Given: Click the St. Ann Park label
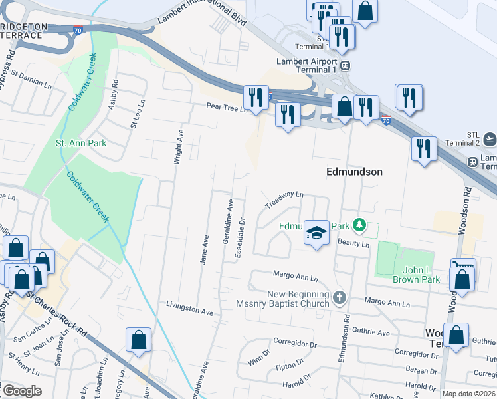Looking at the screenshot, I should tap(81, 143).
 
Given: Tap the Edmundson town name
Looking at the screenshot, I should tap(354, 172).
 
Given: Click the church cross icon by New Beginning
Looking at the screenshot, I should tap(340, 297).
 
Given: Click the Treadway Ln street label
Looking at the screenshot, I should tap(284, 199).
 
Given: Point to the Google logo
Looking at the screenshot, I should tap(21, 391).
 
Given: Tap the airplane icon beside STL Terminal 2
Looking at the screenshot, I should tap(490, 138).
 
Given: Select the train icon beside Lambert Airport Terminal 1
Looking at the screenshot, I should tap(346, 66).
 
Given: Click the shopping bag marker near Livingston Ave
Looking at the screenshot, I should tap(138, 340).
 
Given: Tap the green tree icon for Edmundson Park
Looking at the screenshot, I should tap(359, 226).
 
